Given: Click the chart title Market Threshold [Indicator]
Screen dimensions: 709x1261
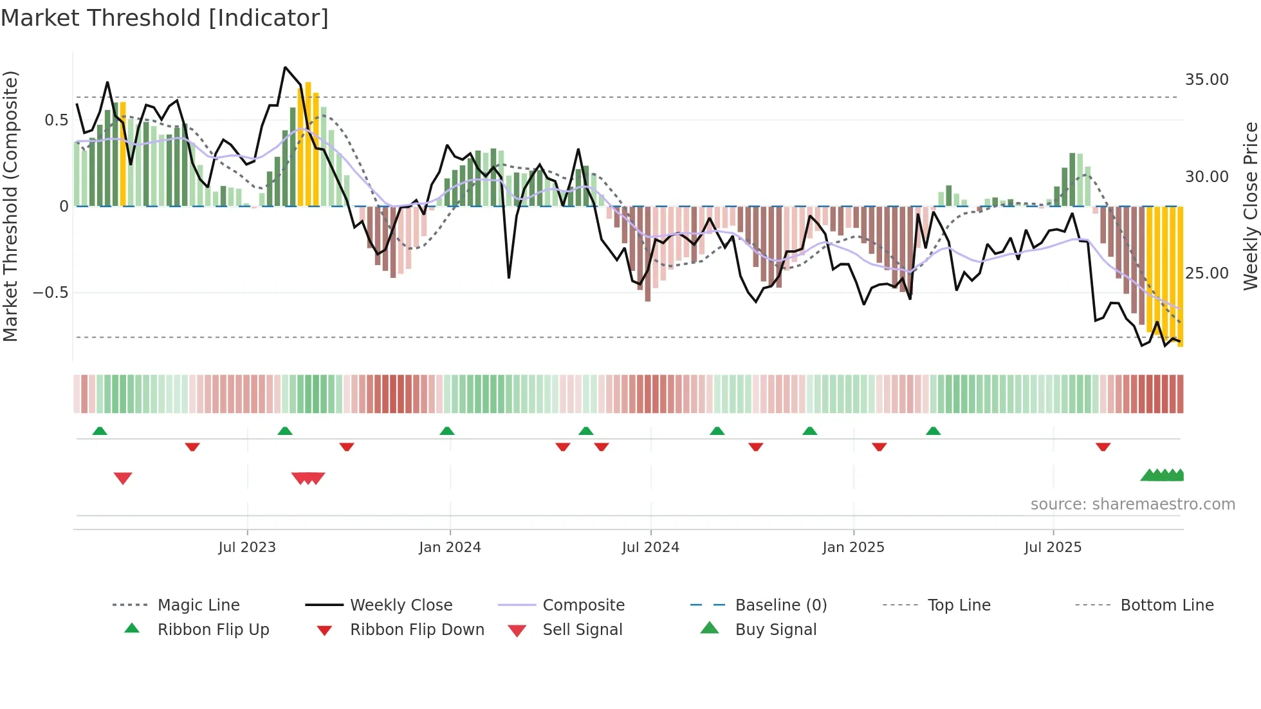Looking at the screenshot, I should tap(165, 18).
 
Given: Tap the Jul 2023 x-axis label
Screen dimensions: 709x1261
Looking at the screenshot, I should tap(247, 548).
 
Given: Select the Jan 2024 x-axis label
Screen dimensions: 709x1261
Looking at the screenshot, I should tap(450, 548).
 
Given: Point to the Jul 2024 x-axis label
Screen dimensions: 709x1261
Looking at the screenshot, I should tap(650, 548).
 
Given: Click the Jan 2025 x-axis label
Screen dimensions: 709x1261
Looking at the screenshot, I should tap(853, 548).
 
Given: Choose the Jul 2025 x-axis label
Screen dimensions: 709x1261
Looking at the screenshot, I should tap(1053, 548).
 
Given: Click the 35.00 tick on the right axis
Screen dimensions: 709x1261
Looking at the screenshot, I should tap(1206, 80).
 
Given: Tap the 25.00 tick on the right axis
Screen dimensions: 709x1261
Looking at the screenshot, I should tap(1206, 273).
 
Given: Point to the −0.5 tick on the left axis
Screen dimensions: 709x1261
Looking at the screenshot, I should tap(51, 293).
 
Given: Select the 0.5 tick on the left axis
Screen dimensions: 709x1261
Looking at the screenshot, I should tap(56, 120).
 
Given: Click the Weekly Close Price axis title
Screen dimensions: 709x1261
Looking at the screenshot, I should tap(1250, 206).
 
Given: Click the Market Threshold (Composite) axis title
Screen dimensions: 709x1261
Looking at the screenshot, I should tap(10, 206).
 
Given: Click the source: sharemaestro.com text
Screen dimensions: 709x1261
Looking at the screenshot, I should tap(1132, 504).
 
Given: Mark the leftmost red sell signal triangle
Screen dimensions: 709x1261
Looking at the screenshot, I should tap(123, 478).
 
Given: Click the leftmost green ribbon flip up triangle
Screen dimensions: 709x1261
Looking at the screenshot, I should tap(100, 431).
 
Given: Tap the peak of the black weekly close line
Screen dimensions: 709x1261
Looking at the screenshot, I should tap(285, 68).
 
